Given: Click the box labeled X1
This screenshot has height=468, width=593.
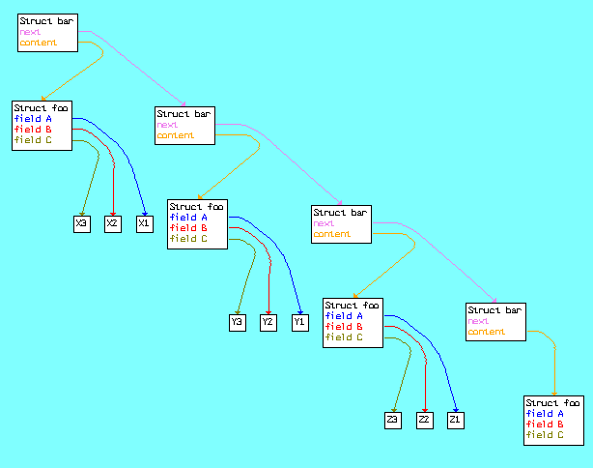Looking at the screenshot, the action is (145, 223).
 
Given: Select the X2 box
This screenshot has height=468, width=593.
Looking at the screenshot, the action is (113, 223).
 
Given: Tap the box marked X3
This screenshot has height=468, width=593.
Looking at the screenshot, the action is (82, 223).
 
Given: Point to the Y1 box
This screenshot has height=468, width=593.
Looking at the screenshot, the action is (300, 323).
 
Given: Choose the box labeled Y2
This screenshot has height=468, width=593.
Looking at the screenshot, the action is (268, 323).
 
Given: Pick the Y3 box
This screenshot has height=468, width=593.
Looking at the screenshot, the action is (238, 323).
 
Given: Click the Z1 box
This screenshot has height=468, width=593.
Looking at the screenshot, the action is (456, 421).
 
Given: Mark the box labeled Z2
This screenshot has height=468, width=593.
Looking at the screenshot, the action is (425, 421).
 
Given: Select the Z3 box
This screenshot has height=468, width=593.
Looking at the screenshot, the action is (393, 421).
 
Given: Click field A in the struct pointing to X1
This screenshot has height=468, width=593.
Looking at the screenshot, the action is (33, 119).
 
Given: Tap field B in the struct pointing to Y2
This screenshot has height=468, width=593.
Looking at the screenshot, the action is (188, 228).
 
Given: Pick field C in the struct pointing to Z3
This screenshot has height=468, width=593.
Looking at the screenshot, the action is (344, 337).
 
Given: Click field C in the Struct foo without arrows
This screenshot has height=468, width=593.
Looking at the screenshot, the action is (545, 435).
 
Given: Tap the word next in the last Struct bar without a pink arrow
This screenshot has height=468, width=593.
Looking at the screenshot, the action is (478, 321).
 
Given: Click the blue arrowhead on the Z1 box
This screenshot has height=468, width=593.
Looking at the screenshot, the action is (456, 410).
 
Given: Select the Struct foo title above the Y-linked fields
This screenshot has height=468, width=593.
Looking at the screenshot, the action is (196, 206).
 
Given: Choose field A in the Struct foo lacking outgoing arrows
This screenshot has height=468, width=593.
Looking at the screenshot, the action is (545, 414).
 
